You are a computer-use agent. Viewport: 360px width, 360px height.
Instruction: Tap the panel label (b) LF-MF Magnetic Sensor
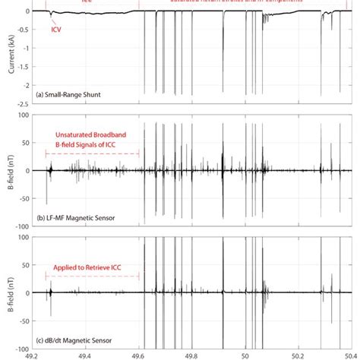[80, 217]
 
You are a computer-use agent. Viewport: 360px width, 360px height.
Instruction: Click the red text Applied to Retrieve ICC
[91, 269]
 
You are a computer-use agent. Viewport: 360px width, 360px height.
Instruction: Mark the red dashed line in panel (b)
[93, 154]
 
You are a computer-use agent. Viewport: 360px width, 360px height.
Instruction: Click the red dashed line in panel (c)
[93, 277]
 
